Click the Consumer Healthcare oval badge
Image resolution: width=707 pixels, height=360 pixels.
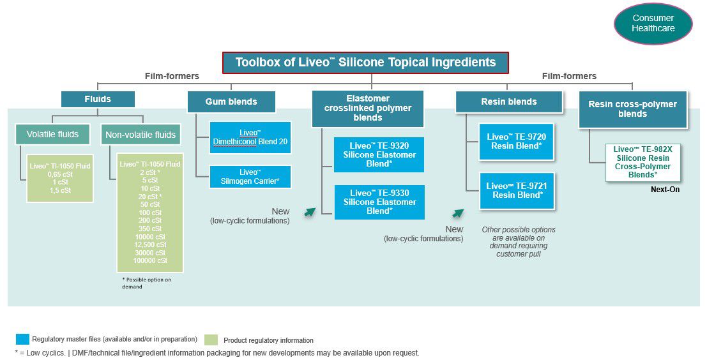[653, 24]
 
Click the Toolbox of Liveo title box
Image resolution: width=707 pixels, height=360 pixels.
[365, 63]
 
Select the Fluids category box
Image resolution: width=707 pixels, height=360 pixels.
[98, 99]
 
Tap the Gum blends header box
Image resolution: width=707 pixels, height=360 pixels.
[231, 101]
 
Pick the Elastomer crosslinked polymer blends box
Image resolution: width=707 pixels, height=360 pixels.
[367, 108]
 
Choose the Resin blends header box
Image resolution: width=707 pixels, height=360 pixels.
[509, 101]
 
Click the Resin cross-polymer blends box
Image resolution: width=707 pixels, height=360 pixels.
[632, 109]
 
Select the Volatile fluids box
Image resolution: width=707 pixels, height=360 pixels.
[53, 134]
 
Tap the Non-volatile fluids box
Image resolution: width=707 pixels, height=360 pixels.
[141, 134]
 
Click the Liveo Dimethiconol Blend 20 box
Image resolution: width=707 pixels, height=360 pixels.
[250, 137]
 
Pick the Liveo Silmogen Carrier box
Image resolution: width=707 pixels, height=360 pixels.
[250, 177]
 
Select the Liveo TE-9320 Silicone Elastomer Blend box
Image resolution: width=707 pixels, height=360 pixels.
[379, 155]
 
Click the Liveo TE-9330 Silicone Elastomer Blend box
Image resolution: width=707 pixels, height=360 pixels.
[379, 202]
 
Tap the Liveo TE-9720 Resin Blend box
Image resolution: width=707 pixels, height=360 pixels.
[516, 142]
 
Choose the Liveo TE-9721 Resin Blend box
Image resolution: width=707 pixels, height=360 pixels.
[516, 190]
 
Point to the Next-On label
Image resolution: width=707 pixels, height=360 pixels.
[665, 190]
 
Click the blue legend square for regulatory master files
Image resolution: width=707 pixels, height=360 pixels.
[22, 339]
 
